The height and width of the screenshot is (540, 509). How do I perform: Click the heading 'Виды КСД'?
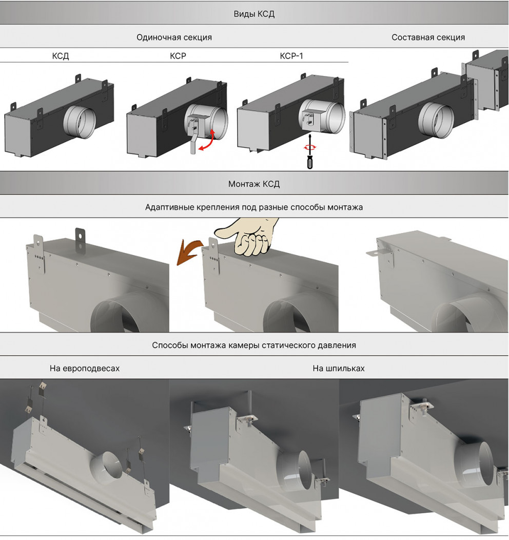(x=254, y=14)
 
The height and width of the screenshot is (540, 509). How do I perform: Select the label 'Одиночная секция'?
(x=174, y=37)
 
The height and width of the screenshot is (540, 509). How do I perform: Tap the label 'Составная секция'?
(x=428, y=37)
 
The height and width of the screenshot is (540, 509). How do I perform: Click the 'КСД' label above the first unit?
(x=60, y=56)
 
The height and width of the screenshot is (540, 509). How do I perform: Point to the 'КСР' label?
(x=178, y=56)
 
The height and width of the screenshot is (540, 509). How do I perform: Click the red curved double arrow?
(x=206, y=142)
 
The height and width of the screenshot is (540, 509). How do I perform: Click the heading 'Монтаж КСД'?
(x=254, y=183)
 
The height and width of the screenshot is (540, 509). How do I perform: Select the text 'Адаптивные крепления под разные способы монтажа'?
(x=254, y=208)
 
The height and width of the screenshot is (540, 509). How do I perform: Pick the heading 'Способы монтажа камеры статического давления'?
(x=254, y=345)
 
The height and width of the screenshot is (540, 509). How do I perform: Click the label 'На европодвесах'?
(x=85, y=368)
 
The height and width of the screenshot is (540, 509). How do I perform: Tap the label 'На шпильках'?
(x=338, y=368)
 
